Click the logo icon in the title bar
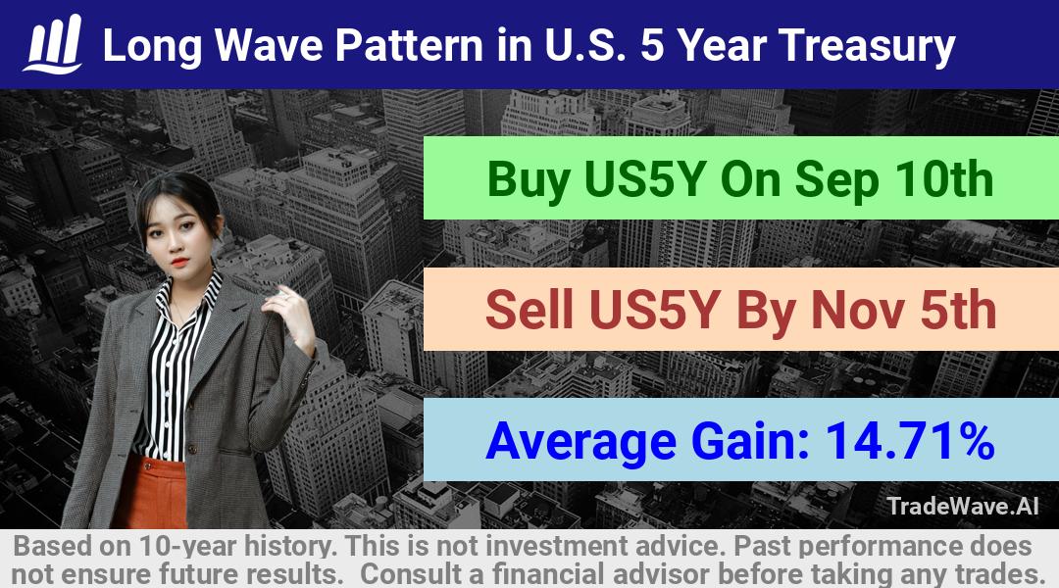coord(53,44)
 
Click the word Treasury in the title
coord(867,47)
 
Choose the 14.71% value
coord(910,440)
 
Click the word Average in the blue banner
coord(580,442)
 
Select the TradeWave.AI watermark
coord(963,507)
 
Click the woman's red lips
coord(179,262)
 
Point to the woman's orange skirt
coord(150,493)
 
